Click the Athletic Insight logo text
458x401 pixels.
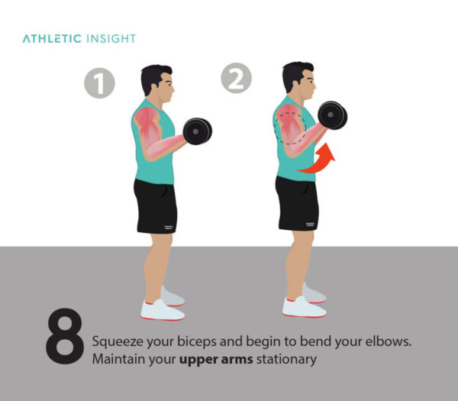click(x=79, y=38)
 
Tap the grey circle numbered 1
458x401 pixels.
click(x=99, y=82)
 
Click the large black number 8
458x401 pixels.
click(x=66, y=337)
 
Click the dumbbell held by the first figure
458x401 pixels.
click(x=197, y=131)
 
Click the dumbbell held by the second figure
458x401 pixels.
click(x=332, y=115)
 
